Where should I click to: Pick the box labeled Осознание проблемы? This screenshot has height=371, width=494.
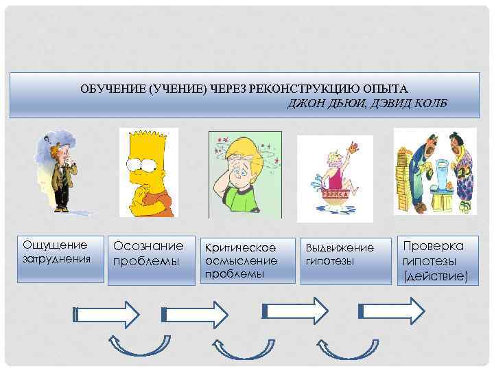tap(149, 260)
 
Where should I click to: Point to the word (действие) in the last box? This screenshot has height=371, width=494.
tap(436, 276)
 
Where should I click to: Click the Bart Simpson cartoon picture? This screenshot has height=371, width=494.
tap(149, 172)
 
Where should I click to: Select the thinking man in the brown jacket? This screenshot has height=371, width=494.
tap(59, 172)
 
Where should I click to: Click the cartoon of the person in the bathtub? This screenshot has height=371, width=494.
tap(335, 177)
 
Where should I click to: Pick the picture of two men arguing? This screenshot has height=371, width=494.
tap(434, 171)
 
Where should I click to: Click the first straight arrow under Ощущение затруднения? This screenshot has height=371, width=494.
tap(106, 315)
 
